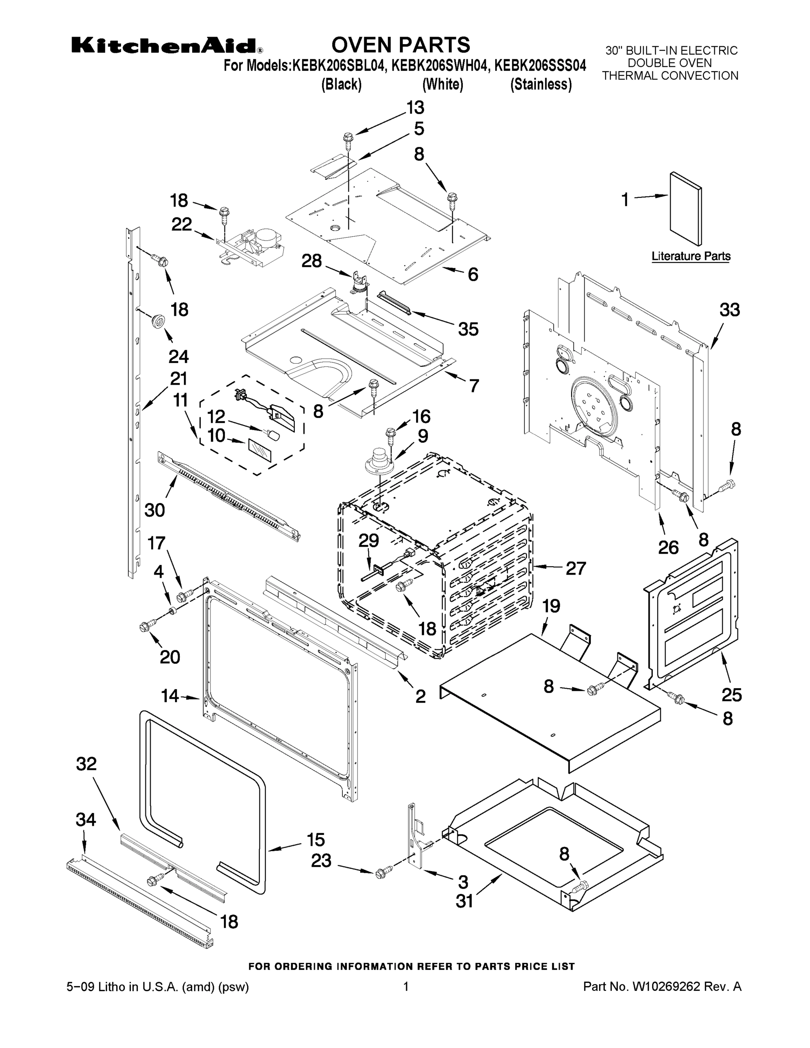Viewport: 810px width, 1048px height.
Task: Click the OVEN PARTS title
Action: (x=401, y=45)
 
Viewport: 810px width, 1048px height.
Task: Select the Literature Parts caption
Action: (x=690, y=256)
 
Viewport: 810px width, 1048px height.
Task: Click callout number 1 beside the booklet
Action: (x=625, y=199)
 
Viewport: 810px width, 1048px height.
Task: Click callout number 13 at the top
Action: (x=415, y=108)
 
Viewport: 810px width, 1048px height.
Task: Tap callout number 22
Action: (x=181, y=224)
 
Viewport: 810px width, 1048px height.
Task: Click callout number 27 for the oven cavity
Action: (x=576, y=568)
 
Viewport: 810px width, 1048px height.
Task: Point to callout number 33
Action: (x=729, y=310)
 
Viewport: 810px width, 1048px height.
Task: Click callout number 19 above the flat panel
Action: (x=551, y=606)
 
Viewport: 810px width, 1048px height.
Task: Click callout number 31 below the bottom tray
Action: (x=464, y=902)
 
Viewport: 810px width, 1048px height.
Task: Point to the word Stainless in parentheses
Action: (x=541, y=84)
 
